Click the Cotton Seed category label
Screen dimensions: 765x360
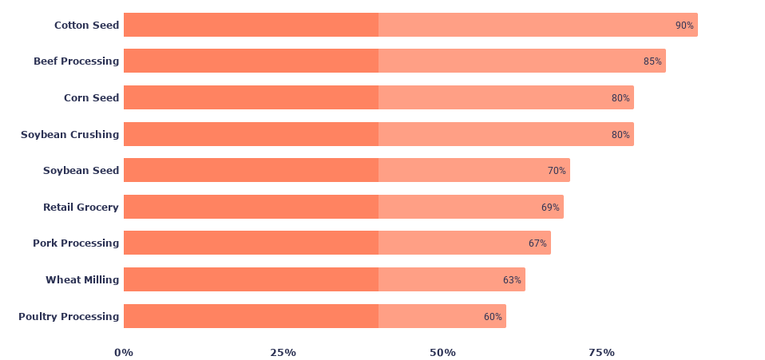pos(86,25)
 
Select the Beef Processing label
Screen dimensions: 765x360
pos(76,61)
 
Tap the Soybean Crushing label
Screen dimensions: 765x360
pos(69,134)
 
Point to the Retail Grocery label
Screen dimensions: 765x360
pos(81,207)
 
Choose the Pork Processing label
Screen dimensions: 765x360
pos(76,243)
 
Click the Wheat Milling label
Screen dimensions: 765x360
pos(82,279)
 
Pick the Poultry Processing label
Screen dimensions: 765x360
pos(69,316)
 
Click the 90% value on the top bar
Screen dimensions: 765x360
pos(684,26)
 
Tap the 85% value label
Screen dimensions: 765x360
pos(652,61)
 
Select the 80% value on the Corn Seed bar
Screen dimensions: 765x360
pos(620,98)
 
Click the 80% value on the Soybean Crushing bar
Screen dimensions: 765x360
pos(620,135)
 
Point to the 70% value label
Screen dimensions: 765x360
pos(557,171)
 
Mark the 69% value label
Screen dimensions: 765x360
pos(550,208)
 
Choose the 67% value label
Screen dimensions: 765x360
pos(537,243)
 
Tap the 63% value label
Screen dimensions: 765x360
pos(512,280)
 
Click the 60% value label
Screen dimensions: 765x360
pos(493,317)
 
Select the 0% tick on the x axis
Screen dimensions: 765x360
pos(124,352)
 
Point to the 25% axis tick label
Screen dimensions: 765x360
pos(283,352)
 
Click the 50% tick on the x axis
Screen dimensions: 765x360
pos(442,352)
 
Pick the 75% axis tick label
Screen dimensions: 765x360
pos(602,352)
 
